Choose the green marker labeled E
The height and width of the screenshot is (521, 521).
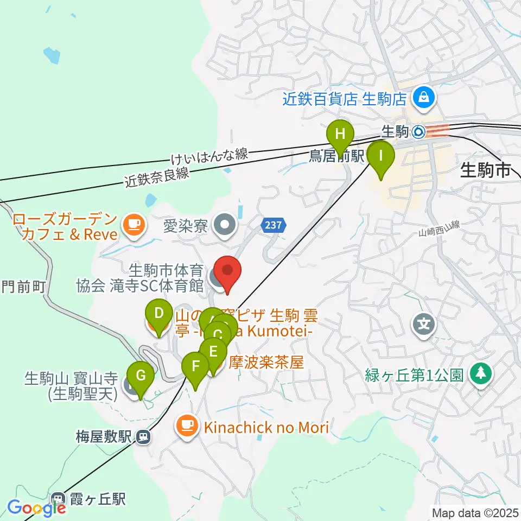[x=213, y=351]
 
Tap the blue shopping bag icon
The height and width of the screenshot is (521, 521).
[x=421, y=98]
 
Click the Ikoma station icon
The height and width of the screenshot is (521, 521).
[x=418, y=131]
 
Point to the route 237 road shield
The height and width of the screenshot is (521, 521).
[x=273, y=225]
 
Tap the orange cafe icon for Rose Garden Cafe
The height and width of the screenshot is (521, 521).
[x=132, y=225]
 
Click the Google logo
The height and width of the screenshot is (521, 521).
[x=36, y=509]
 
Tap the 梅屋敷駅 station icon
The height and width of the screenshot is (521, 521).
[x=143, y=436]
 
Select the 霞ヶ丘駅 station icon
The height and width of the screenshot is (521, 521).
[x=58, y=499]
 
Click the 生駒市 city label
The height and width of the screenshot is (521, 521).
[x=486, y=170]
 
